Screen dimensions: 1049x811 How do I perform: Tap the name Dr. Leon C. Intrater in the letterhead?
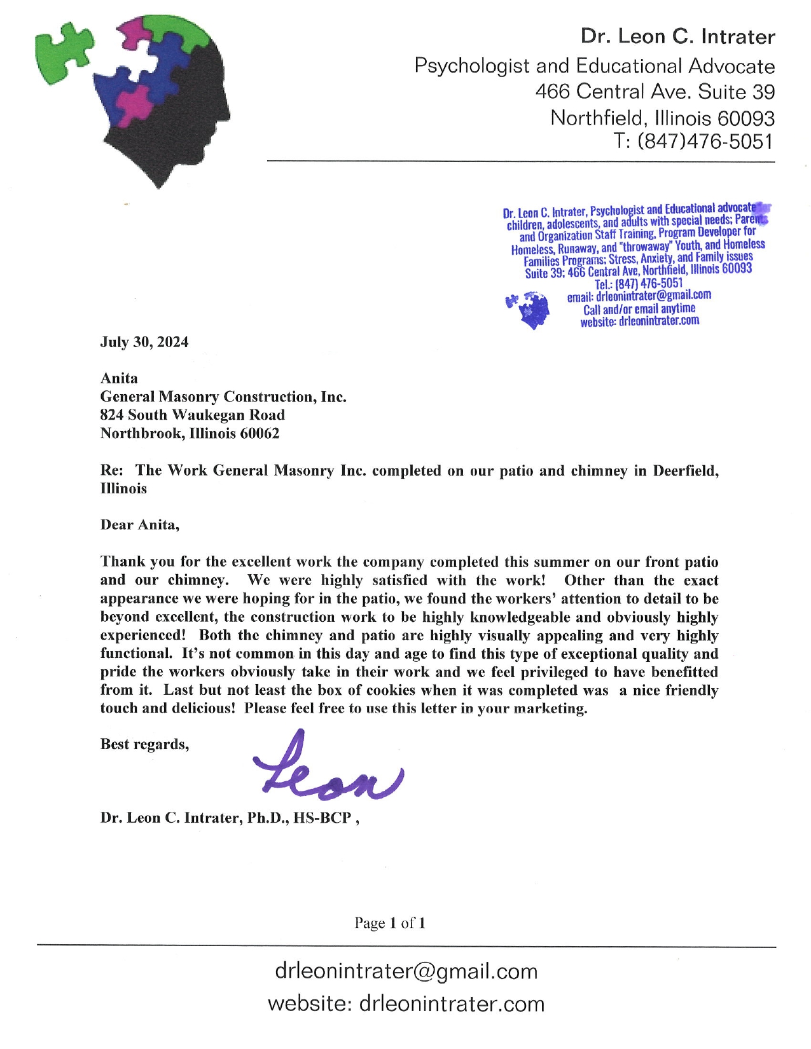pos(677,37)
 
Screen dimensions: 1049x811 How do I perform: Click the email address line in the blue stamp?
pos(639,296)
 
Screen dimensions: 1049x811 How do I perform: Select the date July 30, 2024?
pos(144,342)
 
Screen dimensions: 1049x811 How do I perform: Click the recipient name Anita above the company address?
pos(119,378)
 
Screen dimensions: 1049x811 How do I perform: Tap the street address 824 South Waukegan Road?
pos(192,415)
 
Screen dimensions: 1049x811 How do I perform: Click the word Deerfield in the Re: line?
pos(686,470)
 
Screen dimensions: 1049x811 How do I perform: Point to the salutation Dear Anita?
pos(140,525)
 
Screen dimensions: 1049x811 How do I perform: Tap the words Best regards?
pos(144,744)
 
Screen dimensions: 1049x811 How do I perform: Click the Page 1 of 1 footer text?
pos(390,923)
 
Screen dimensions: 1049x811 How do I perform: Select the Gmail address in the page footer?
pos(406,971)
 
